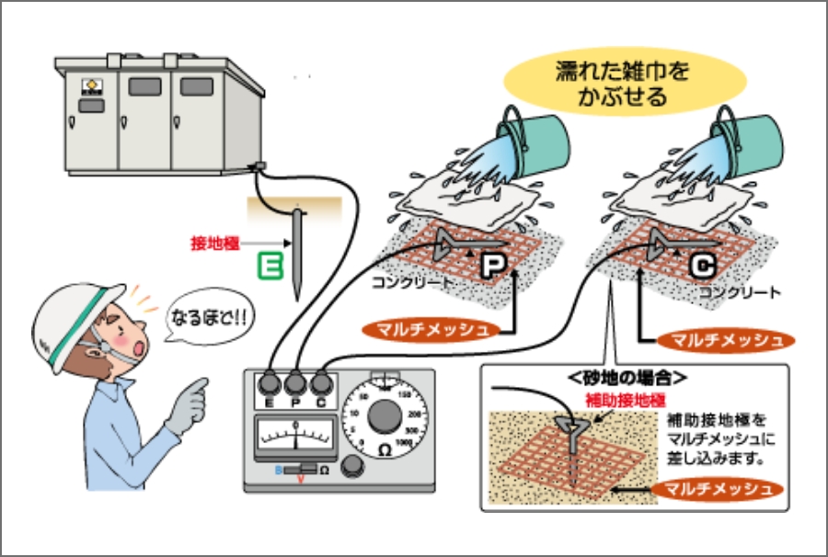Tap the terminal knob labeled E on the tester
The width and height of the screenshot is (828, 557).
click(x=270, y=382)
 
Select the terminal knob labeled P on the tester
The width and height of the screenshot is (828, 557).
click(x=296, y=382)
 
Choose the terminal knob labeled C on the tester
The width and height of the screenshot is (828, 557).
click(x=322, y=382)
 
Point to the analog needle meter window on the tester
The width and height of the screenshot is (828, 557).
click(x=295, y=432)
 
